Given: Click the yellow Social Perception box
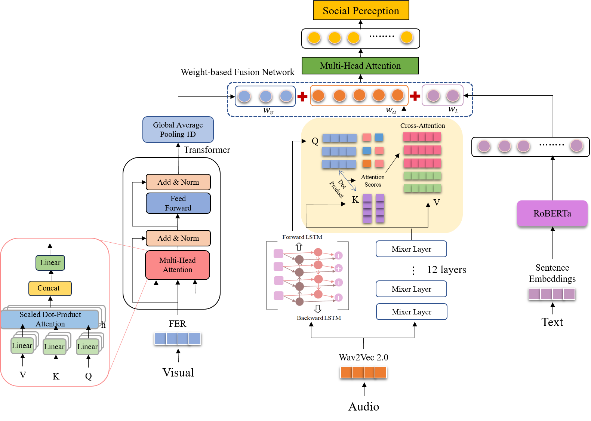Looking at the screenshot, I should click(x=361, y=10).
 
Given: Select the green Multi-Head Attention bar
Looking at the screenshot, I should click(x=360, y=66).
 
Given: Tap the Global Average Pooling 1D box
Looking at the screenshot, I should click(x=178, y=130).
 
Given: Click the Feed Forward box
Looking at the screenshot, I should click(x=178, y=203).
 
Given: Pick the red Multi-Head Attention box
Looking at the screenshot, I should click(x=178, y=265).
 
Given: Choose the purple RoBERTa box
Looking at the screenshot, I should click(x=552, y=213).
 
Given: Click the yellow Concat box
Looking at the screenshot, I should click(x=50, y=288).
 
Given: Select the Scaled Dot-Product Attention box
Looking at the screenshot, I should click(x=50, y=319).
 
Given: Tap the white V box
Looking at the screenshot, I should click(x=23, y=375).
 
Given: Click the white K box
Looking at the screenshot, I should click(x=56, y=377).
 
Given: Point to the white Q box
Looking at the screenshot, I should click(x=89, y=376).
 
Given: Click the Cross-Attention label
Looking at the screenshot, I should click(x=422, y=126).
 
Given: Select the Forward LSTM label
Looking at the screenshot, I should click(x=302, y=237).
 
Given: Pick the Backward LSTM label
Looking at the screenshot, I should click(x=319, y=318).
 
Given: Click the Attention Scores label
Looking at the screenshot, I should click(x=373, y=181).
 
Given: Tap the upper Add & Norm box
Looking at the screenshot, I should click(x=178, y=182).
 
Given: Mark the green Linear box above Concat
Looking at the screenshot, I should click(x=50, y=262).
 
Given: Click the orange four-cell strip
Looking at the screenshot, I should click(x=363, y=372).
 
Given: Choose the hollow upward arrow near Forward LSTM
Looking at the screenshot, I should click(x=299, y=246).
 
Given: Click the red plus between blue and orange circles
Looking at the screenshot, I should click(x=302, y=96).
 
